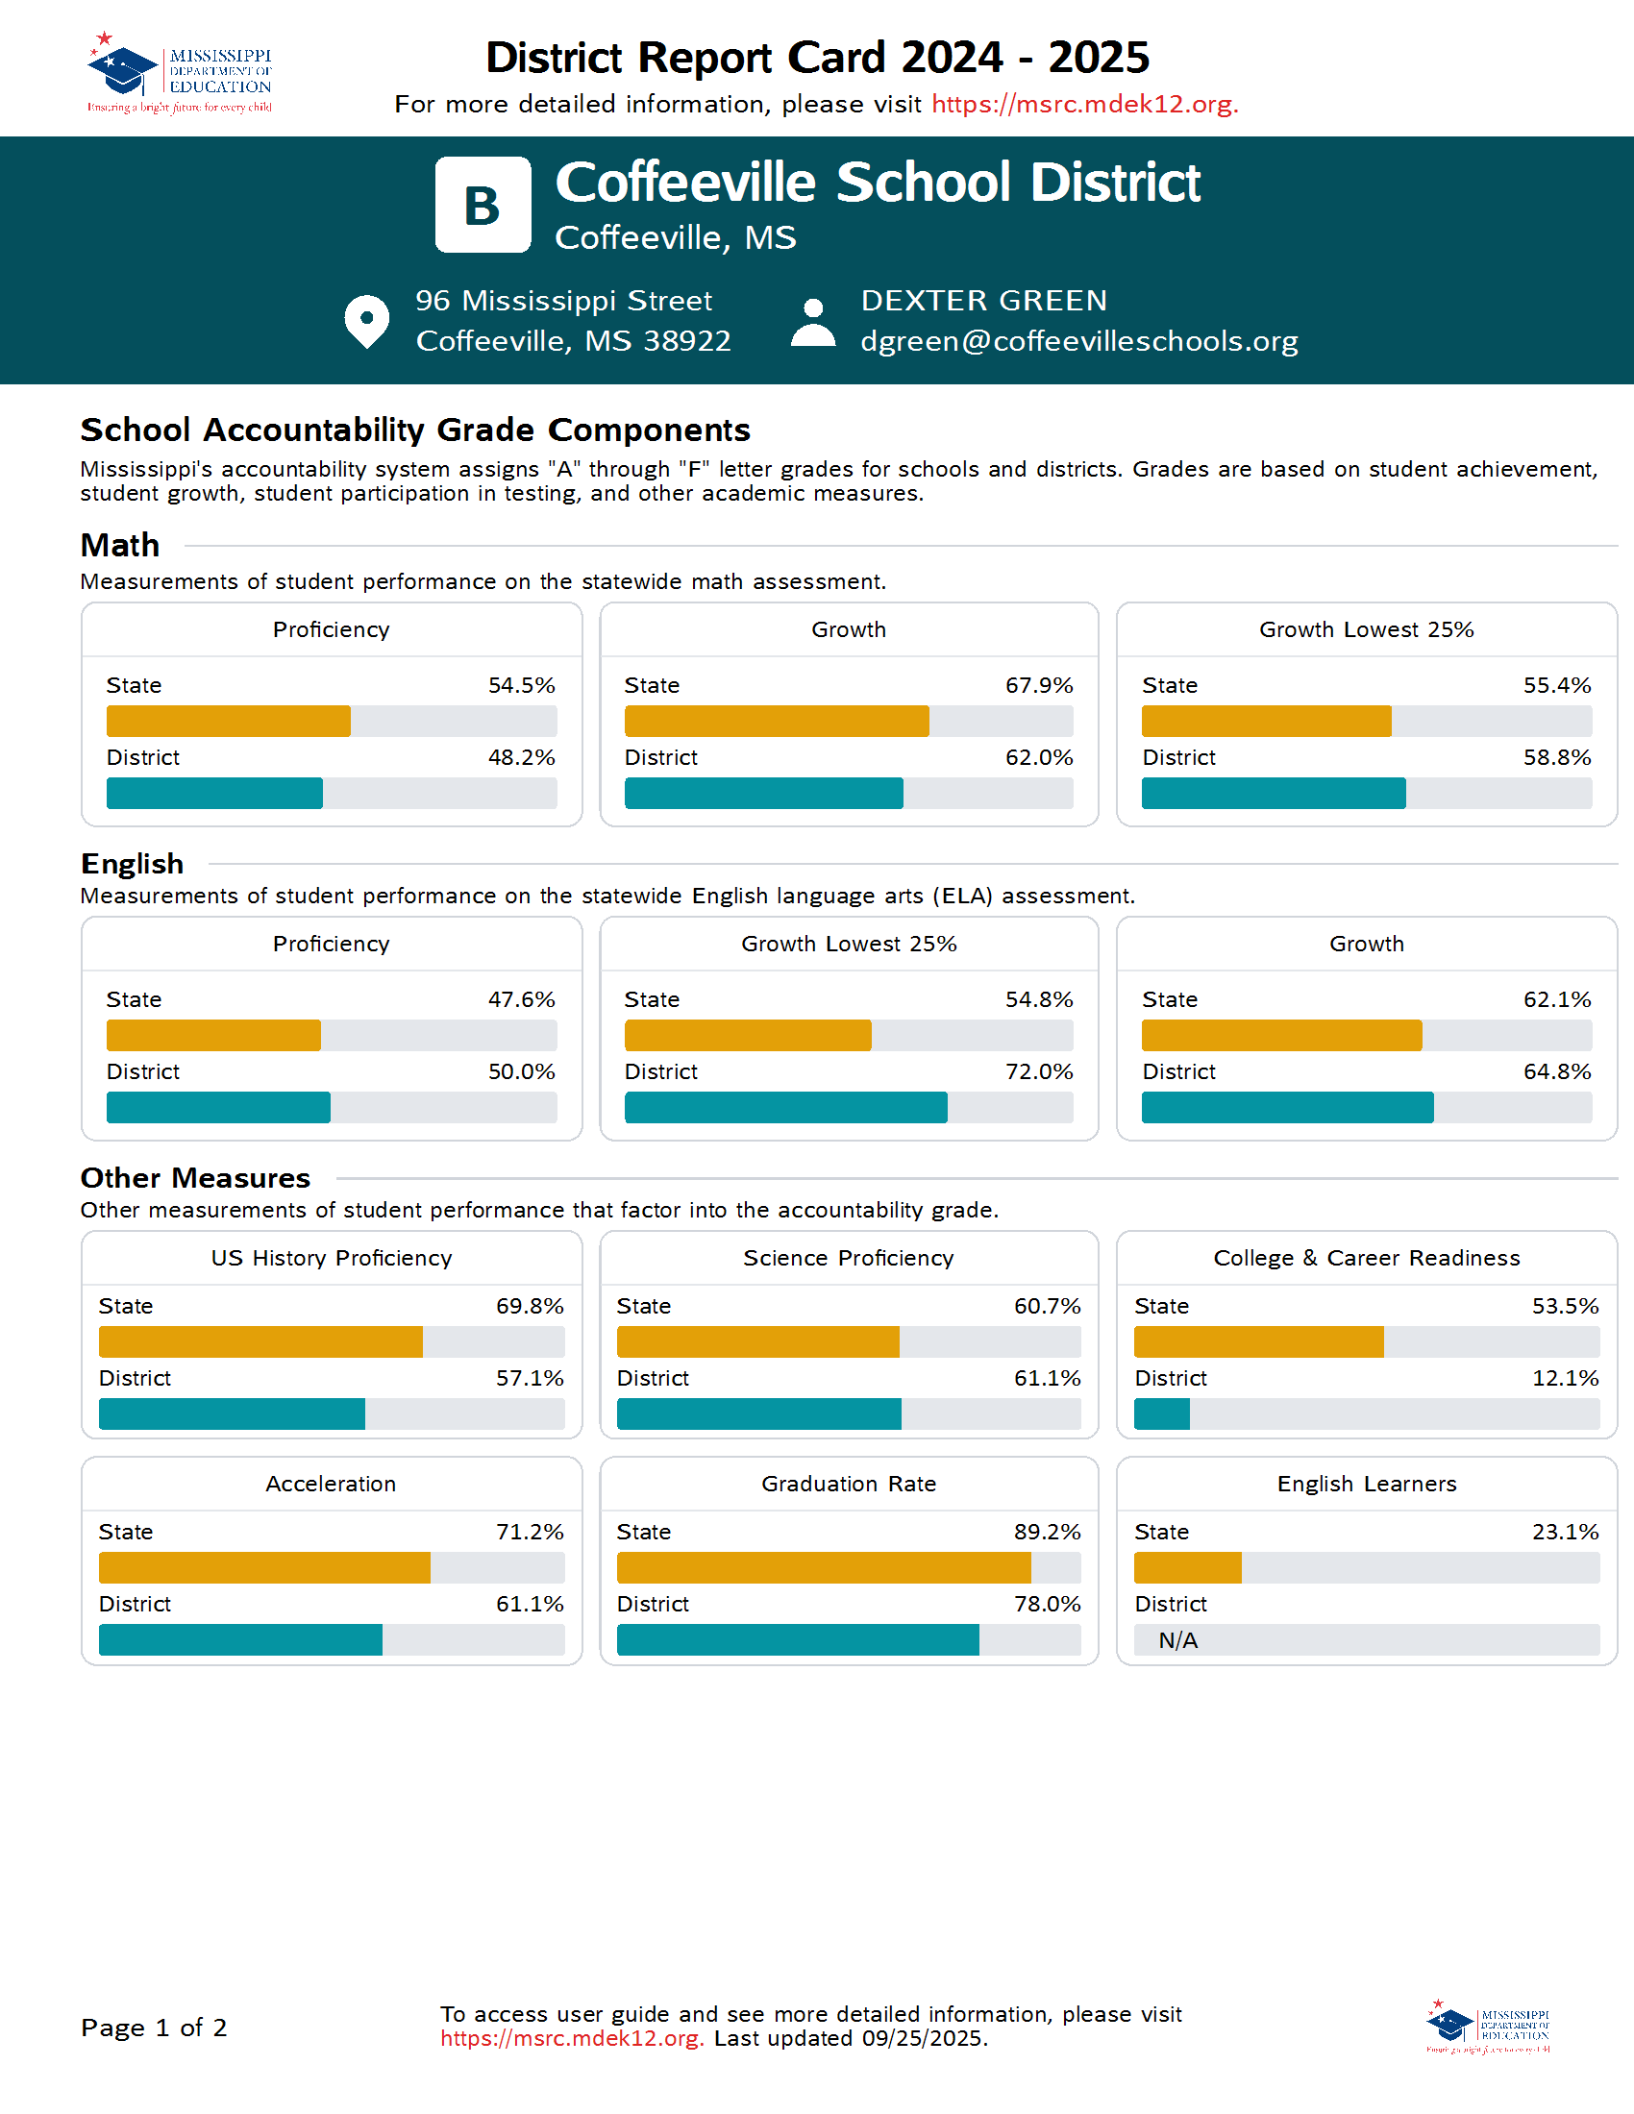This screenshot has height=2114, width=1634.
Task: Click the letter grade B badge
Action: click(x=483, y=206)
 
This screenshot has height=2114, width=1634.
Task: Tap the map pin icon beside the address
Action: click(x=367, y=320)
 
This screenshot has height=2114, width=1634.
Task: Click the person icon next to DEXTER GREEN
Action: click(x=812, y=322)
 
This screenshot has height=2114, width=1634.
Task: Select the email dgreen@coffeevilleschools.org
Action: click(x=1078, y=341)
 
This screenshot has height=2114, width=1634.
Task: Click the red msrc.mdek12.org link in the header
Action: click(x=1084, y=104)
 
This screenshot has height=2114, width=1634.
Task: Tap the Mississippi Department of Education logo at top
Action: click(x=180, y=73)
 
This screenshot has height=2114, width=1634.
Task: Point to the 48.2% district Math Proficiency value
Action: click(x=521, y=757)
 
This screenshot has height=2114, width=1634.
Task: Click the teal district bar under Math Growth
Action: click(x=763, y=793)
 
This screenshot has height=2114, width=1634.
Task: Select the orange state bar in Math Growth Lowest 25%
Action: click(x=1265, y=721)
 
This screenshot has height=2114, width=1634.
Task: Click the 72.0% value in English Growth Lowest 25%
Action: click(x=1039, y=1071)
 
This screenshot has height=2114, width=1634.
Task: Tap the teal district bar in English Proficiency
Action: click(x=218, y=1107)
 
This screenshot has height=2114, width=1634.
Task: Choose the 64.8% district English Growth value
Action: click(x=1556, y=1071)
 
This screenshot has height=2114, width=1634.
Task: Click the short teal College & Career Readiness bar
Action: click(x=1162, y=1414)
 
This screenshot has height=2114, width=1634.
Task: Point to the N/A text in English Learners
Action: click(x=1177, y=1640)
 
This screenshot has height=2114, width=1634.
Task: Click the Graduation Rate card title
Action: click(x=848, y=1484)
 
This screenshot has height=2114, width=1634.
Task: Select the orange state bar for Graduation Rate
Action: click(x=823, y=1567)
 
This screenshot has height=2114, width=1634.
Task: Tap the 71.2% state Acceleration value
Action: click(x=530, y=1532)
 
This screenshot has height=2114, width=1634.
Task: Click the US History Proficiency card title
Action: click(x=331, y=1258)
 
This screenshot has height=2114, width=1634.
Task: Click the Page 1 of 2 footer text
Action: click(x=154, y=2027)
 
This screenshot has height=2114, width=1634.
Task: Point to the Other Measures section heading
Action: click(x=194, y=1178)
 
